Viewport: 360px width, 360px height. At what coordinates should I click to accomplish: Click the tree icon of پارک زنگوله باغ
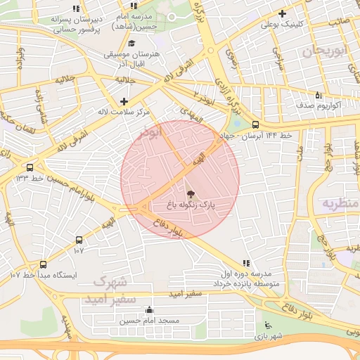click(x=191, y=193)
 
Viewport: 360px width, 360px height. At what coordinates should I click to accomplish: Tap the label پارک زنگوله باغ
click(x=191, y=205)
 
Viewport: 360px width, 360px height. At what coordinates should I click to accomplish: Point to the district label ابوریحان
click(x=326, y=51)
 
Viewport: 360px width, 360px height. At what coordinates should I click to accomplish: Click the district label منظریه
click(x=340, y=203)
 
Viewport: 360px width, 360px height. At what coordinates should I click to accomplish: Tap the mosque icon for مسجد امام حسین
click(x=149, y=309)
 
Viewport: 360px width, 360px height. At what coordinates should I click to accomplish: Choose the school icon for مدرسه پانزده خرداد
click(x=245, y=262)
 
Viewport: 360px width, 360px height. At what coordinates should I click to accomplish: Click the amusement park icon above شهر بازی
click(x=266, y=325)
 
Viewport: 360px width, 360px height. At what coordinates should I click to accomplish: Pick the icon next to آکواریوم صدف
click(x=318, y=94)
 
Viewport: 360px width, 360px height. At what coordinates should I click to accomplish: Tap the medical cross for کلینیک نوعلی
click(x=282, y=13)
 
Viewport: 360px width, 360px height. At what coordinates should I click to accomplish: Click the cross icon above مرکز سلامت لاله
click(x=124, y=101)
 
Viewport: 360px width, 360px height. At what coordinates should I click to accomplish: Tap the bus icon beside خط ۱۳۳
click(x=30, y=167)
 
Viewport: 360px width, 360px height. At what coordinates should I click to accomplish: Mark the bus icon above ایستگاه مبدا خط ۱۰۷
click(x=44, y=264)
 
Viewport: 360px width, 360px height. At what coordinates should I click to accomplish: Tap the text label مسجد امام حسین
click(x=149, y=321)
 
